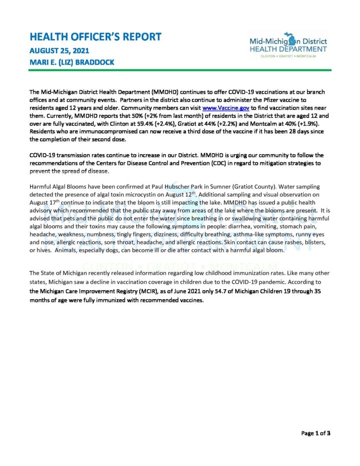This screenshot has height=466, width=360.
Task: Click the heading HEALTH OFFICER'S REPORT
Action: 96,37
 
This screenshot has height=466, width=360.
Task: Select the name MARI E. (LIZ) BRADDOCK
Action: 72,62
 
